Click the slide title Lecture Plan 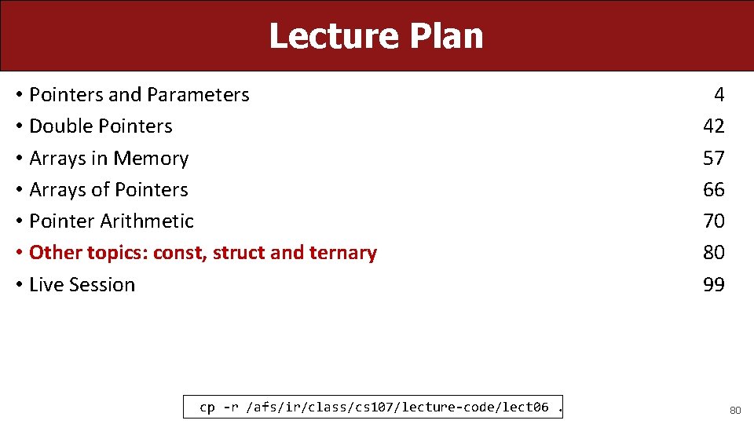(376, 36)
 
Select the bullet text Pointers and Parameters (139, 95)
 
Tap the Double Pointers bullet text (101, 126)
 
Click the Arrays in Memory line (108, 158)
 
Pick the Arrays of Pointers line (108, 189)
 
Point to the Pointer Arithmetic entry (111, 221)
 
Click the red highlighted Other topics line (203, 253)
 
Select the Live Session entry (82, 284)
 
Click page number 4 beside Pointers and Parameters (719, 95)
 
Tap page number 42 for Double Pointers (713, 126)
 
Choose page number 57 (713, 158)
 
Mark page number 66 (713, 189)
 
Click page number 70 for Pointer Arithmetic (713, 221)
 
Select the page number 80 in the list (713, 253)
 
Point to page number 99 (713, 284)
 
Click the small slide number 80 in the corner (735, 410)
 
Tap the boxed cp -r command (374, 407)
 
